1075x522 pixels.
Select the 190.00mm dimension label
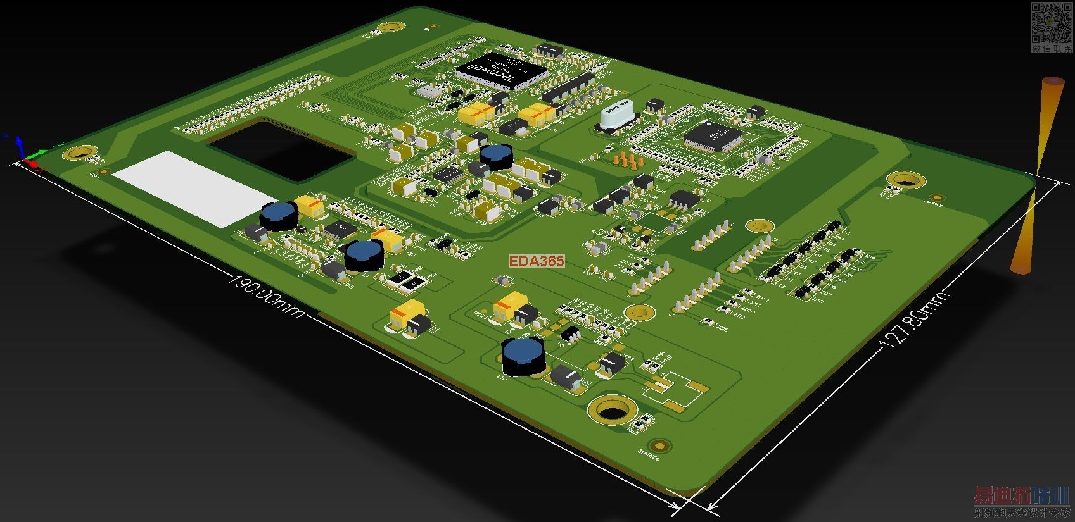(266, 297)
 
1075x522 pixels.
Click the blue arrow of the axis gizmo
(19, 143)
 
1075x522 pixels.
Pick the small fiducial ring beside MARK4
(662, 444)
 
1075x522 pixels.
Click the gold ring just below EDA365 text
(639, 311)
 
